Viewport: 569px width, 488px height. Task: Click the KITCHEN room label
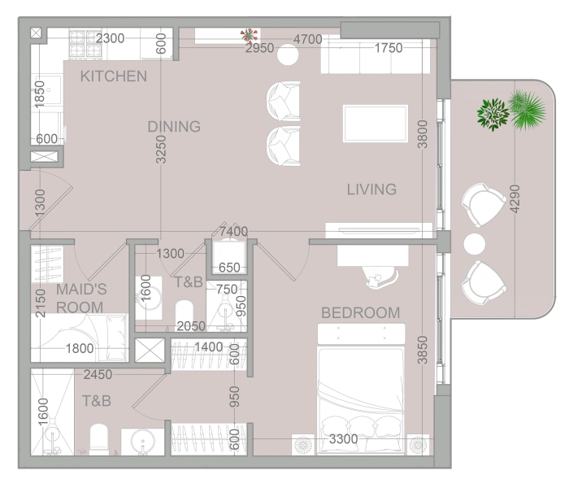114,76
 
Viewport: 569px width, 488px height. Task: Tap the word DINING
174,127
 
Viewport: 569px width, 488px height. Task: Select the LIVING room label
371,190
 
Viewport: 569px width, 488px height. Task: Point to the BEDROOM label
361,313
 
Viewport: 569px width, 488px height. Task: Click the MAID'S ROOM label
81,298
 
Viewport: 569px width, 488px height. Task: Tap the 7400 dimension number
234,231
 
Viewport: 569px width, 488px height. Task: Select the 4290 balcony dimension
515,199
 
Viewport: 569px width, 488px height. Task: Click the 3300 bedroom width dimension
343,439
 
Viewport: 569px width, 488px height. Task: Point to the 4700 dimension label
308,39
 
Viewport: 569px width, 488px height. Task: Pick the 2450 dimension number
98,374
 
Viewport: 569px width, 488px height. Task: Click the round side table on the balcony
474,244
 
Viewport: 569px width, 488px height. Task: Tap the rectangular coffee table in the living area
376,124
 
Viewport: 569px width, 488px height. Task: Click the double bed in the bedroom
361,389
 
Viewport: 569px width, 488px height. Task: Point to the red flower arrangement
249,36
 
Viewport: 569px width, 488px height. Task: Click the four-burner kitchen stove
85,44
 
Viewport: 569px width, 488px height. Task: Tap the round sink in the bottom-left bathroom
142,441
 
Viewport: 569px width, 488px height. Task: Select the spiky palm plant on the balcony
527,110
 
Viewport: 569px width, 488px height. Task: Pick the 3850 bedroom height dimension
423,350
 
